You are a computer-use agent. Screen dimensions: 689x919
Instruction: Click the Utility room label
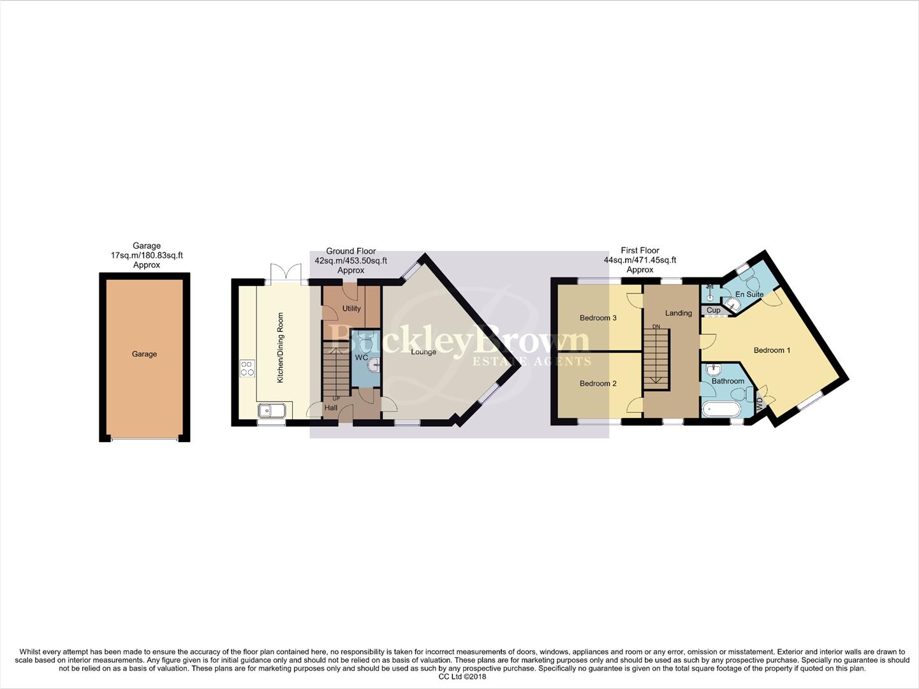coord(351,308)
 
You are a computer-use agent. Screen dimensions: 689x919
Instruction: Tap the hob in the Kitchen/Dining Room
coord(247,368)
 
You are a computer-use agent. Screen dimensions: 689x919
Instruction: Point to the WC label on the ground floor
coord(361,357)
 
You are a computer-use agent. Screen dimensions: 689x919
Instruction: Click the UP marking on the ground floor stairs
coord(335,399)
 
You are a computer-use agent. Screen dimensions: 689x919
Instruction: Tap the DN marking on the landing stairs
coord(656,327)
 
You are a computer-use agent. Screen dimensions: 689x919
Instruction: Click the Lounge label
coord(423,352)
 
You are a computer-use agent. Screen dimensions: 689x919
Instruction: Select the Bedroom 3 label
coord(598,318)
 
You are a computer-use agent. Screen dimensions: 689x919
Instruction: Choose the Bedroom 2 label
coord(598,383)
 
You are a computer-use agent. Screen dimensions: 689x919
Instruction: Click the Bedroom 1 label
coord(772,350)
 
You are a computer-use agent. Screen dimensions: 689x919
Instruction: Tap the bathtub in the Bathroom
coord(721,409)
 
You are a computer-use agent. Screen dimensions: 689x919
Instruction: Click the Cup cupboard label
coord(713,311)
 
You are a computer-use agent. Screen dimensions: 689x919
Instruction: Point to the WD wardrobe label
coord(759,404)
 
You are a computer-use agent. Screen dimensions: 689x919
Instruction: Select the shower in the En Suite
coord(709,293)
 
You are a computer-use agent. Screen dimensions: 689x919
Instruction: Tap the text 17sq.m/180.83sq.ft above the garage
coord(147,255)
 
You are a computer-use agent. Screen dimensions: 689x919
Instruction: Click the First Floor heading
coord(640,251)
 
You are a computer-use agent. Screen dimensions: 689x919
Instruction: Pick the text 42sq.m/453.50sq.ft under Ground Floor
coord(351,261)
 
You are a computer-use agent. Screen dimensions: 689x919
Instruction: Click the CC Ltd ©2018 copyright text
coord(462,677)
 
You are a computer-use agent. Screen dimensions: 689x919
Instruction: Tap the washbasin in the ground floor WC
coord(375,366)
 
